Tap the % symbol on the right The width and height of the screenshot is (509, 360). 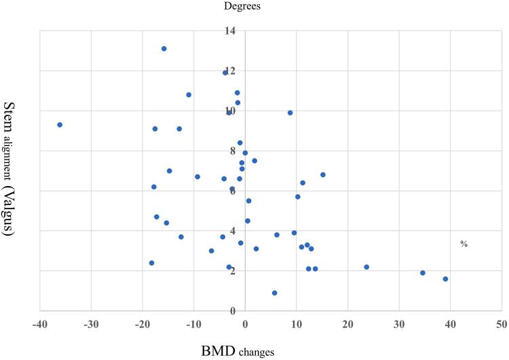(464, 244)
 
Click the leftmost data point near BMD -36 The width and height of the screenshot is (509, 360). (60, 125)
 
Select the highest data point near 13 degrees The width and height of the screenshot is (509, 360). (164, 49)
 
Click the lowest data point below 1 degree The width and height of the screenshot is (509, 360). (274, 293)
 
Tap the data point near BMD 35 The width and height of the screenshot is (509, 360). (422, 273)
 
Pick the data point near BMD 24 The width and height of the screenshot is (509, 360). (366, 267)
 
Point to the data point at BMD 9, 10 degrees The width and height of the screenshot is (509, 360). (290, 113)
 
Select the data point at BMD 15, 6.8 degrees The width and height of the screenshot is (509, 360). (323, 175)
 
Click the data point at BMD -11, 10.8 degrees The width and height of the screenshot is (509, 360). (189, 95)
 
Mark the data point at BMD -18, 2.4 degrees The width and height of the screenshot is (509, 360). (151, 263)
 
